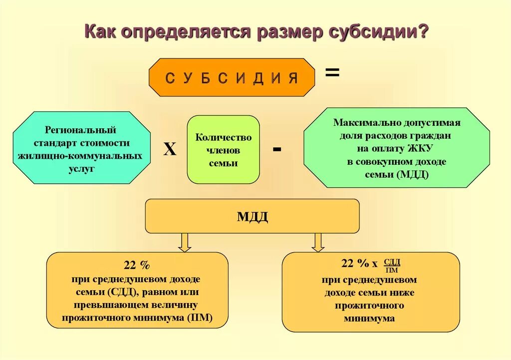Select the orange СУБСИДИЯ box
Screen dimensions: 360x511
tap(232, 77)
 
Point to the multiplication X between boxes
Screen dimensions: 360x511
tap(170, 149)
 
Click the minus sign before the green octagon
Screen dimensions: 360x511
tap(277, 149)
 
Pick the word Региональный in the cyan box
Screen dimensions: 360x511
tap(80, 130)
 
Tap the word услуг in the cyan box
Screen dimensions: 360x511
tap(80, 169)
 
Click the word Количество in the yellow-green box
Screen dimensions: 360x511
tap(223, 137)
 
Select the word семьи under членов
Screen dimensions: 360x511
tap(223, 163)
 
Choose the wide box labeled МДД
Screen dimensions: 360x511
tap(252, 216)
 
